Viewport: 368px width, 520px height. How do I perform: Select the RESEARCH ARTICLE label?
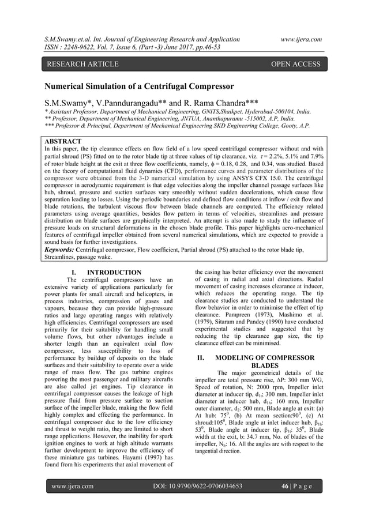click(x=80, y=64)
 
